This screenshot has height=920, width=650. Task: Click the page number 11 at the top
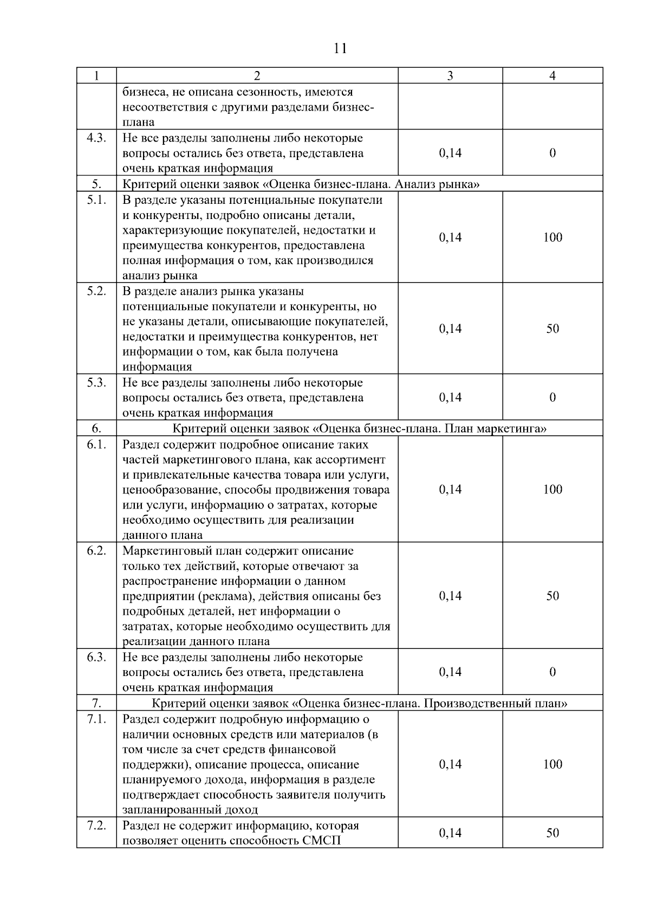point(340,48)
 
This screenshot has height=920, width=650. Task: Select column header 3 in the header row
point(450,76)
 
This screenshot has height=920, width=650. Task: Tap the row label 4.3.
point(96,138)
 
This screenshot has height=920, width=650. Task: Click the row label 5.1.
point(96,200)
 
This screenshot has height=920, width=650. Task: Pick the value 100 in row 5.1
point(552,237)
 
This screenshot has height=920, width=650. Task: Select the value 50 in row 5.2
point(552,328)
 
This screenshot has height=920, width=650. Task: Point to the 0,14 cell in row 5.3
point(450,397)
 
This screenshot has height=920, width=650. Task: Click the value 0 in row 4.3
point(552,153)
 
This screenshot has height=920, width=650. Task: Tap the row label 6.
point(96,428)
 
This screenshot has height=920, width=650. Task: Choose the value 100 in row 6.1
point(552,489)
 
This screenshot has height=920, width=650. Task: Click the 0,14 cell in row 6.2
point(450,595)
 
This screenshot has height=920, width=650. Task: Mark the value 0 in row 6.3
point(552,672)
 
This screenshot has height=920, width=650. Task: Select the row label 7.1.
point(96,719)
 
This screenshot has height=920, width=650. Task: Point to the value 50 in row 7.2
point(552,833)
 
